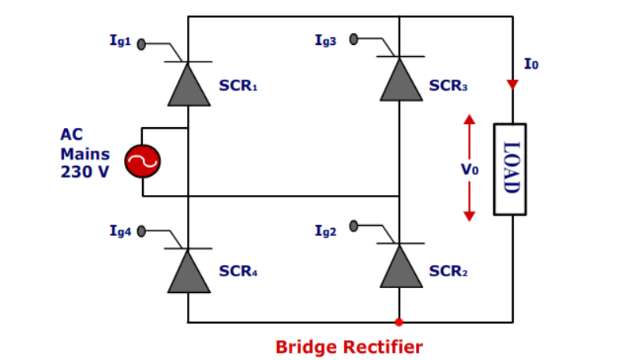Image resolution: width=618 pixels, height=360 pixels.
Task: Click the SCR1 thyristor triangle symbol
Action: (188, 85)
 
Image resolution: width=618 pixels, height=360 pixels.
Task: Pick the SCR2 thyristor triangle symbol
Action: (400, 267)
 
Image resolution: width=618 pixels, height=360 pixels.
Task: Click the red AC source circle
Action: (143, 162)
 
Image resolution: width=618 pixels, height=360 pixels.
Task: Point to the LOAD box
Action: (510, 169)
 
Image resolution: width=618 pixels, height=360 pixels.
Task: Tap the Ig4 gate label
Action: (121, 231)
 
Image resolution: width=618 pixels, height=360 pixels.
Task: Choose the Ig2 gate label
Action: (325, 230)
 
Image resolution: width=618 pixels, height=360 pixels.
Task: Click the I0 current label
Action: (531, 64)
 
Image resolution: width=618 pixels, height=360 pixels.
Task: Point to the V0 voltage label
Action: (470, 169)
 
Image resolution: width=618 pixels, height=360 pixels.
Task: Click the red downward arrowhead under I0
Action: (512, 84)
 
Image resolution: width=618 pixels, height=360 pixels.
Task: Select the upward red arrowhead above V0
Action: (470, 120)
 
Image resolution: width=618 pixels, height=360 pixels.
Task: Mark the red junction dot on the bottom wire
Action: (399, 322)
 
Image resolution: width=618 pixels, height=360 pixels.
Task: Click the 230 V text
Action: (84, 172)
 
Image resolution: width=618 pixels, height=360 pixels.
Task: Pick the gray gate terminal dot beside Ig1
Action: (141, 44)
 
